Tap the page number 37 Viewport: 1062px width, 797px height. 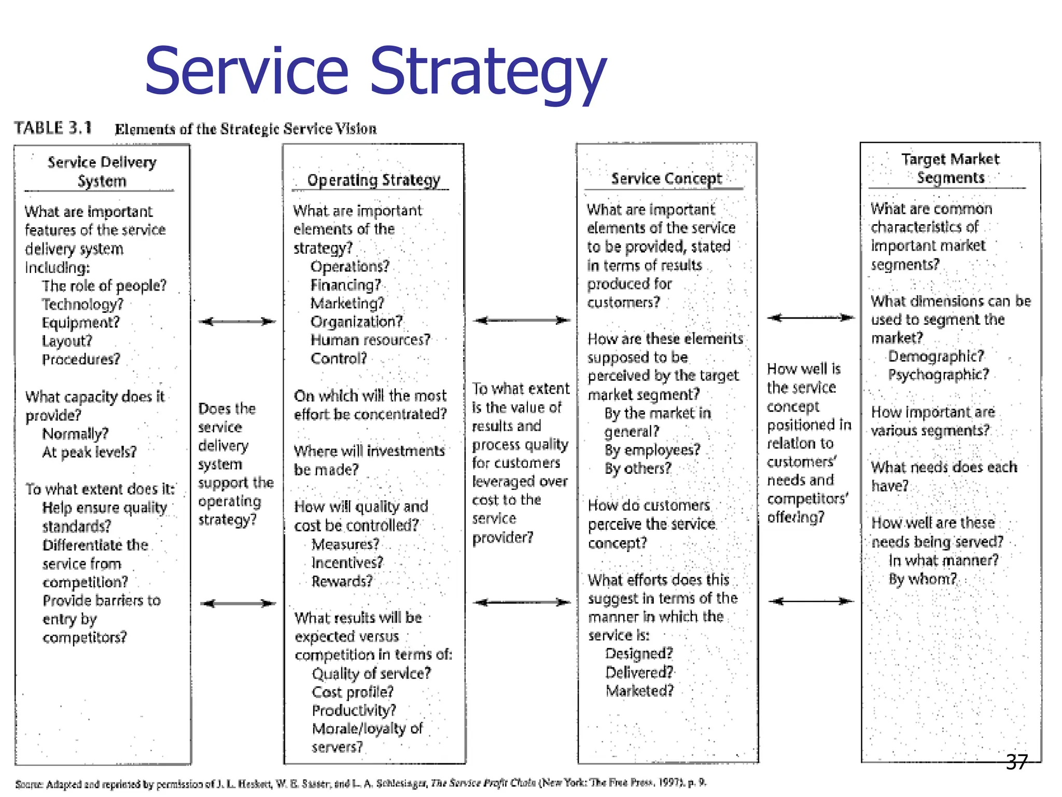[x=1016, y=762]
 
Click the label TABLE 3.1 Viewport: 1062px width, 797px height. [x=53, y=128]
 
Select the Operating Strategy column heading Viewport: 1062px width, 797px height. [x=373, y=180]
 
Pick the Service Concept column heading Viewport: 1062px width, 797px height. [x=666, y=178]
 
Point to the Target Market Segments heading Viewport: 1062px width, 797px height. [x=950, y=168]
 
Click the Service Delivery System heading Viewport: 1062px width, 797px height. [x=102, y=171]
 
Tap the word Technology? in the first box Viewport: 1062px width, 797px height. [x=82, y=304]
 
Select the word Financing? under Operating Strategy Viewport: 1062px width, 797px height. [x=345, y=285]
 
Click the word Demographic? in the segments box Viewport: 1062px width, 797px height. [x=935, y=356]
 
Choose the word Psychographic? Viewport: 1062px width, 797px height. [x=939, y=375]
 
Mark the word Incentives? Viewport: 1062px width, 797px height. [x=347, y=562]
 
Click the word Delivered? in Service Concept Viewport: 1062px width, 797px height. [x=639, y=672]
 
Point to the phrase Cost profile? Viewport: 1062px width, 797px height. [x=353, y=692]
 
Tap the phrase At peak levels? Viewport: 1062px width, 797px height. [x=89, y=452]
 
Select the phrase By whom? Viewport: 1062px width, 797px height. [x=923, y=579]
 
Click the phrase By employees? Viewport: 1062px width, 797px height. [x=652, y=450]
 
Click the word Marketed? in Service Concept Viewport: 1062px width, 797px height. [x=639, y=691]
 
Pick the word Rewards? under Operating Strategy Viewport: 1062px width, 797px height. [x=342, y=581]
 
